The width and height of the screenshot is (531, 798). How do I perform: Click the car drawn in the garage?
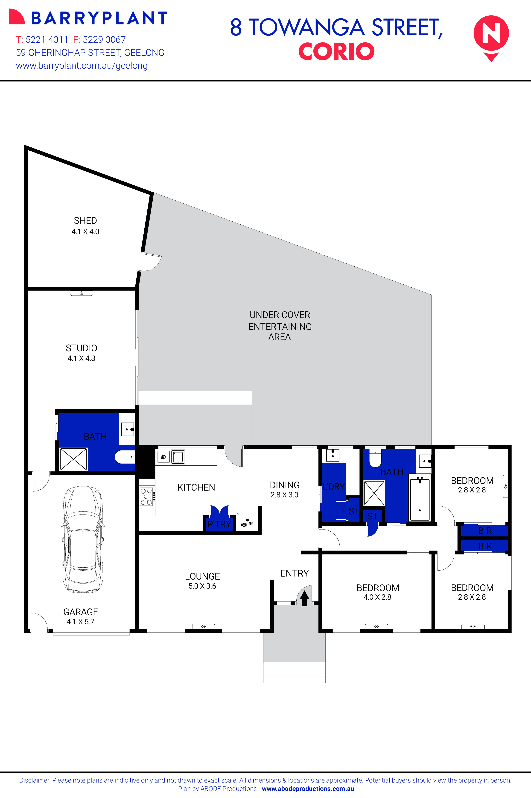coord(83,539)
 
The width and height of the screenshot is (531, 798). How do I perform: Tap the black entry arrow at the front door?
coord(304,598)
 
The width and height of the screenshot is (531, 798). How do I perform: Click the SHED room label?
coord(85,221)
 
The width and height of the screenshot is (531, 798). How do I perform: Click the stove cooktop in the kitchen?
coord(147,497)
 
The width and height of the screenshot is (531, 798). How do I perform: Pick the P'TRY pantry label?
coord(219,524)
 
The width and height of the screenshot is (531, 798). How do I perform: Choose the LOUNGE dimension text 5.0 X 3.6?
coord(202,586)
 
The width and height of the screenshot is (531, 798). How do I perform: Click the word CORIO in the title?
coord(336,52)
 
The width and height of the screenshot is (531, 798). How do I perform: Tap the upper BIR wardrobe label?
coord(485,530)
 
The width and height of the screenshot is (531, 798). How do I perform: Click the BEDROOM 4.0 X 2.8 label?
coord(378,592)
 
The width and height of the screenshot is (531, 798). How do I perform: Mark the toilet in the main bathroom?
coord(375,458)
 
